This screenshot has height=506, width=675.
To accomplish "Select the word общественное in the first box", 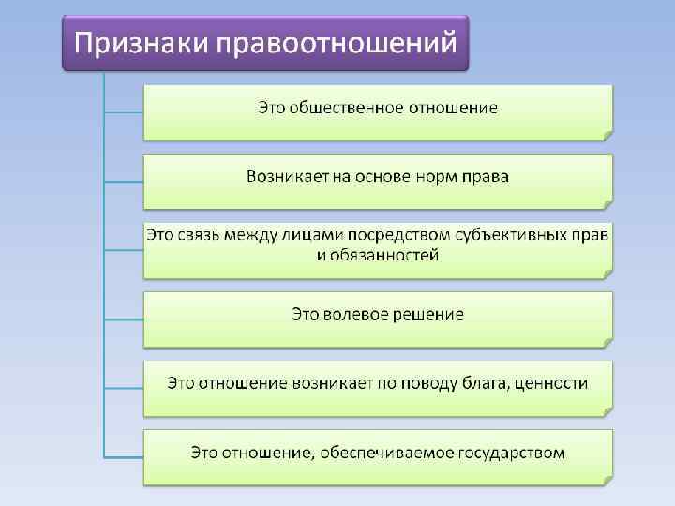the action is coord(345,108).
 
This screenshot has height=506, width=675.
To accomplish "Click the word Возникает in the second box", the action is coord(287,176).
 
